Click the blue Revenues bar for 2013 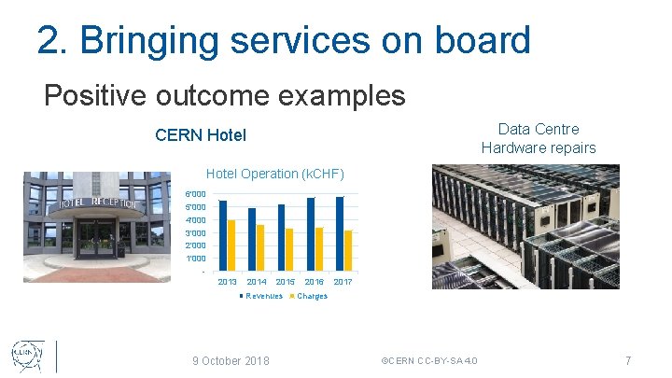pos(223,233)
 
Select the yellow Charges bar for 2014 pos(260,245)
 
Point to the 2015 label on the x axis pos(286,282)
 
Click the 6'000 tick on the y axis pos(195,193)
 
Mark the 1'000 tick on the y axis pos(195,258)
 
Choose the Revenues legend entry pos(262,296)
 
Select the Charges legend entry pos(312,296)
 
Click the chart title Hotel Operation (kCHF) pos(274,174)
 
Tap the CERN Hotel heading pos(201,135)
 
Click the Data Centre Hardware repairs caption pos(539,138)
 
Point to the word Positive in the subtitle pos(86,95)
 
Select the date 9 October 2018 pos(231,360)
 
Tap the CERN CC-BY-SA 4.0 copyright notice pos(429,360)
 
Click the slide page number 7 pos(628,360)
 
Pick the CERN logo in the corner pos(27,356)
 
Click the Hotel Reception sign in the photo pos(98,203)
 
